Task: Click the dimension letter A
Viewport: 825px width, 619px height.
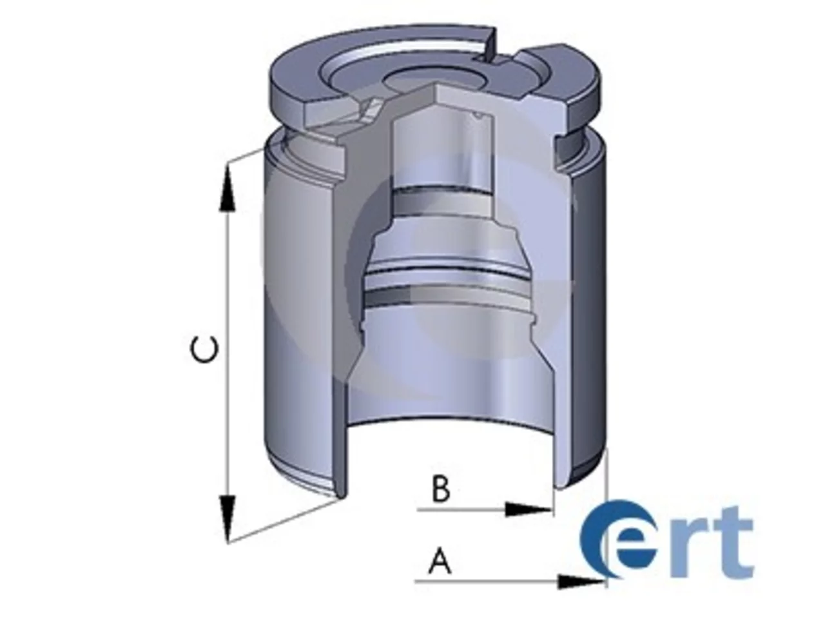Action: [440, 562]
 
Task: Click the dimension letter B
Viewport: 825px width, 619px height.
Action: [441, 489]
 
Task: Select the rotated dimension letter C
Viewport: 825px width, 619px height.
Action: [204, 350]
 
